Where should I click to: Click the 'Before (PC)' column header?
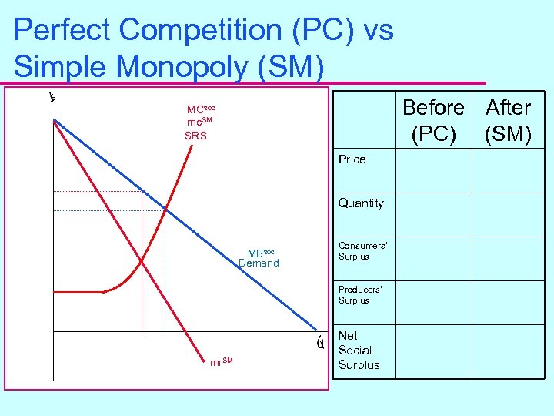(433, 120)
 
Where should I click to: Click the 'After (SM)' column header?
(508, 120)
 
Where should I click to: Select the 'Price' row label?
(352, 159)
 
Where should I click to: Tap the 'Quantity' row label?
(361, 203)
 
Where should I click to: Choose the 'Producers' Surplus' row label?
(360, 294)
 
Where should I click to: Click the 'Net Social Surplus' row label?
(359, 351)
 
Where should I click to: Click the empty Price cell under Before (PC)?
(433, 170)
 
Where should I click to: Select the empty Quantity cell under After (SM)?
(508, 213)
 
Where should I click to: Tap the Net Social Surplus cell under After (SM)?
(508, 351)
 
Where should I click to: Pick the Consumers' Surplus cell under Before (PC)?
(433, 257)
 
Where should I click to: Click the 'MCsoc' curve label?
(200, 109)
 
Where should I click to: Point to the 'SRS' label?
(195, 136)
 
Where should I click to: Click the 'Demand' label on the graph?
(259, 263)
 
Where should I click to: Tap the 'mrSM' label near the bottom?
(221, 361)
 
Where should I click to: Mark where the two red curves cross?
(142, 262)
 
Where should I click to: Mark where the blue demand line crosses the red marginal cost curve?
(165, 208)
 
